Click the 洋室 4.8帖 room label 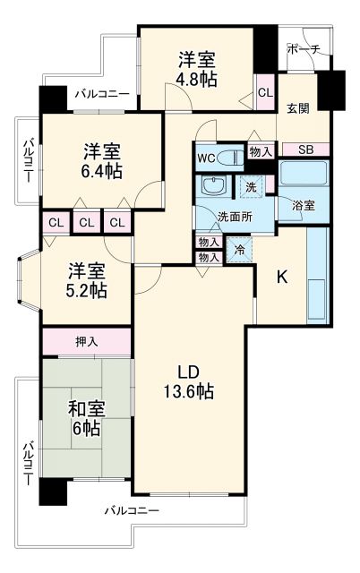(194, 69)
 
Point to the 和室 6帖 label (88, 418)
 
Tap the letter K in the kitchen (280, 278)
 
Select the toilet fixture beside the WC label (229, 158)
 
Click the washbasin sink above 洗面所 (215, 187)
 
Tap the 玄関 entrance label (297, 109)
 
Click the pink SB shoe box (305, 150)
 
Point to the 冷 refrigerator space (239, 249)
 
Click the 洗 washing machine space (252, 188)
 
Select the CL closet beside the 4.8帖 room (265, 92)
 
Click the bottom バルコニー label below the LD (131, 510)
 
